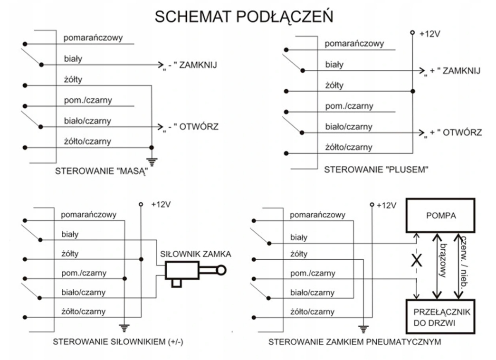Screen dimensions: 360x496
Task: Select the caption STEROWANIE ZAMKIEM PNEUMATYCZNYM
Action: pos(355,341)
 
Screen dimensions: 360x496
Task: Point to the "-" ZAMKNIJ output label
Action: pos(190,65)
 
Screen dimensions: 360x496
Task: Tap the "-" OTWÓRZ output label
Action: pos(190,128)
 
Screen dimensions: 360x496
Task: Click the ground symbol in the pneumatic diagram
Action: pos(363,328)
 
